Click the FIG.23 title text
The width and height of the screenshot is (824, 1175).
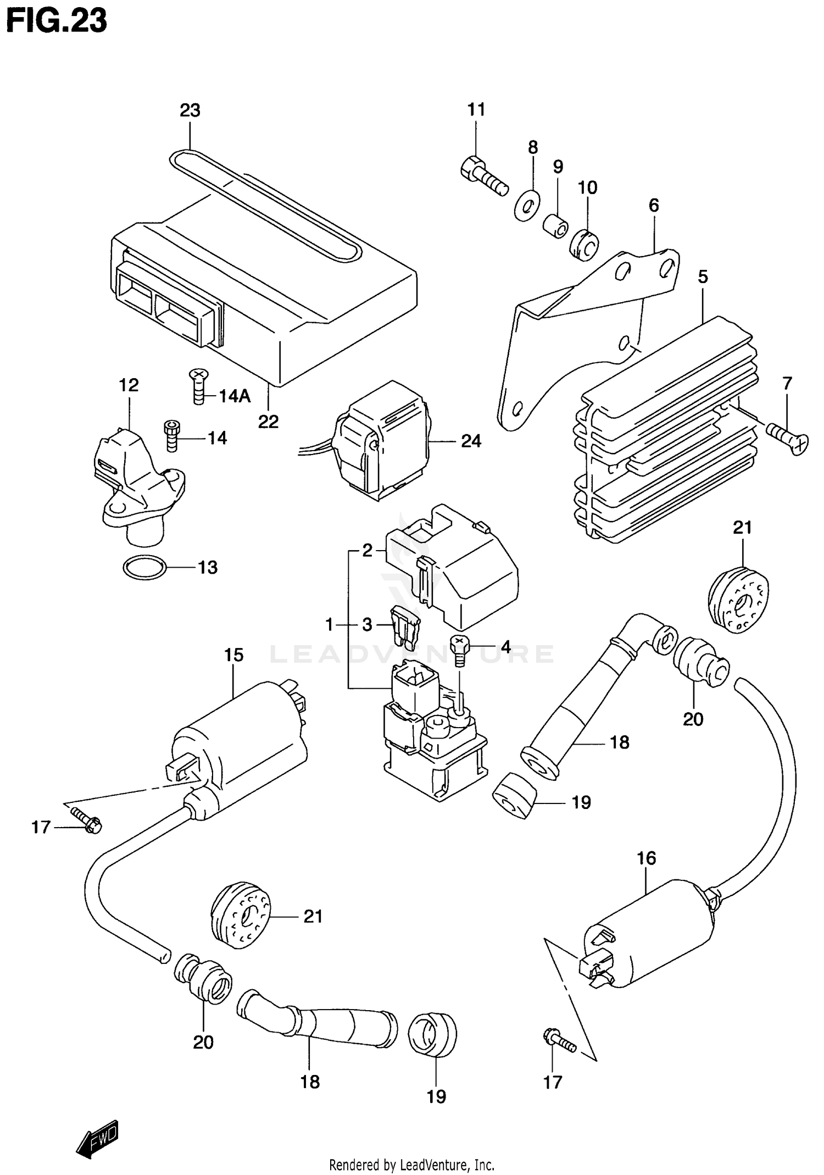[56, 22]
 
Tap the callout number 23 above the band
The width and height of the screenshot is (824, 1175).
[190, 110]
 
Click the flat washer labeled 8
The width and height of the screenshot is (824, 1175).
[527, 206]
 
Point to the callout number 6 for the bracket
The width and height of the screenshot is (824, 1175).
[653, 206]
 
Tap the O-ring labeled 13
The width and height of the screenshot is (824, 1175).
[144, 567]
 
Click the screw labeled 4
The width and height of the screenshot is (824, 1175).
[459, 649]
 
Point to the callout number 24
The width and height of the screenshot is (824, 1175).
[471, 441]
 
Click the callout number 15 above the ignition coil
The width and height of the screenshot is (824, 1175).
[233, 655]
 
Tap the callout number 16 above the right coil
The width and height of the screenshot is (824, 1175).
[647, 858]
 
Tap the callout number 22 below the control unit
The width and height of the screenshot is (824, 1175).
[269, 422]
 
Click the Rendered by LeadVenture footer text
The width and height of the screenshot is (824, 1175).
[411, 1164]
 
